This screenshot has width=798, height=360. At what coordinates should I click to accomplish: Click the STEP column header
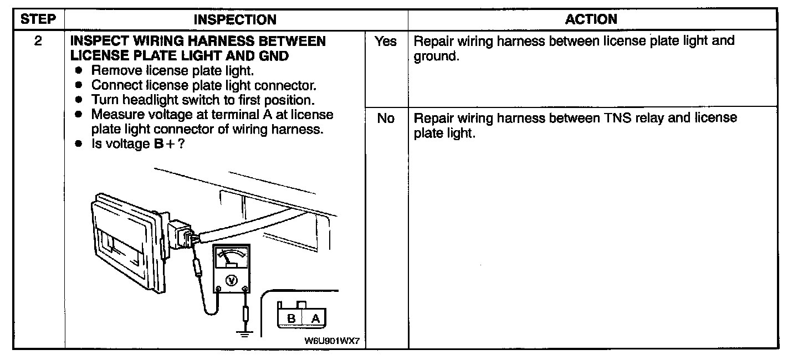click(x=38, y=19)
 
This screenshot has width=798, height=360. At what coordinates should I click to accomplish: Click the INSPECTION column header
click(x=235, y=19)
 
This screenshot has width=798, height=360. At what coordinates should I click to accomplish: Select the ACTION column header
click(x=591, y=19)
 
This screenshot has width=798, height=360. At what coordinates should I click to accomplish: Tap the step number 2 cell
click(x=38, y=42)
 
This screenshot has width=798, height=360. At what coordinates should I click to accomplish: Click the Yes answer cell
click(x=386, y=42)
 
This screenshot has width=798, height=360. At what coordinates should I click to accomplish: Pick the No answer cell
click(x=386, y=119)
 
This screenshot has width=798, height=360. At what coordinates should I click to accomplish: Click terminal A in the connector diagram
click(x=315, y=318)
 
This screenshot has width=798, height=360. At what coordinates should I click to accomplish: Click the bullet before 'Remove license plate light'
click(x=79, y=71)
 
